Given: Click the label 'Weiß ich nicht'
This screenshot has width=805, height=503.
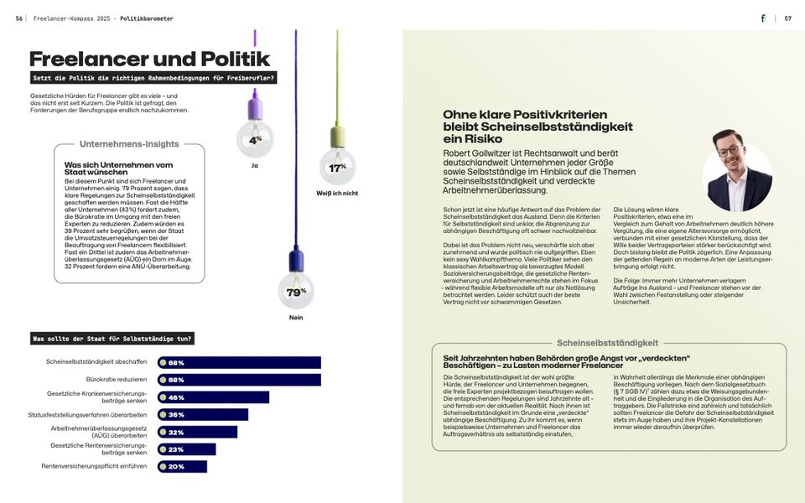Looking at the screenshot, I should pyautogui.click(x=337, y=194).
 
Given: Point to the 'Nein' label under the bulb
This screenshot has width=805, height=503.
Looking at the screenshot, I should pyautogui.click(x=295, y=318).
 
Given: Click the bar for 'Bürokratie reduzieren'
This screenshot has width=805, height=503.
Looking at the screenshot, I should pyautogui.click(x=240, y=380).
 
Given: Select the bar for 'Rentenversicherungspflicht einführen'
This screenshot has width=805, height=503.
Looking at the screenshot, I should pyautogui.click(x=183, y=466).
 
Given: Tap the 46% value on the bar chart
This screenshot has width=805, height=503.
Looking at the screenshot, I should pyautogui.click(x=176, y=397).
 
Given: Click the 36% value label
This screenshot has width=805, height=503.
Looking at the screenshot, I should pyautogui.click(x=176, y=415).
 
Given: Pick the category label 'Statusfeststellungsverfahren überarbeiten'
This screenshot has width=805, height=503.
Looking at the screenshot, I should pyautogui.click(x=87, y=415).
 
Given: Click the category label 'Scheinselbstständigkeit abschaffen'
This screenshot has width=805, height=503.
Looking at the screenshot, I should pyautogui.click(x=96, y=363).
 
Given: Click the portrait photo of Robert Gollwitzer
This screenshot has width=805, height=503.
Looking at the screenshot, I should pyautogui.click(x=736, y=172).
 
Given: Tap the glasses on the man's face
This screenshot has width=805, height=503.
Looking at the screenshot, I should pyautogui.click(x=730, y=152).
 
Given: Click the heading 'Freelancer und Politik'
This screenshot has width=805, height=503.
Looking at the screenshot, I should pyautogui.click(x=149, y=59).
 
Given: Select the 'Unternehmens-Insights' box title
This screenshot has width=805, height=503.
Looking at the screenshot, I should pyautogui.click(x=129, y=144).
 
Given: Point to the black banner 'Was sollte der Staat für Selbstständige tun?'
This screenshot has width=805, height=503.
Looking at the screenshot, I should pyautogui.click(x=112, y=339).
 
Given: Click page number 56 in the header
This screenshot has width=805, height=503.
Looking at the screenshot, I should pyautogui.click(x=18, y=18).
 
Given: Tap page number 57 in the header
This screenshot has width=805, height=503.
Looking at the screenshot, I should pyautogui.click(x=787, y=18).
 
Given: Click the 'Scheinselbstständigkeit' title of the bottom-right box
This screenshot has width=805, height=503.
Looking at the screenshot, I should pyautogui.click(x=608, y=343).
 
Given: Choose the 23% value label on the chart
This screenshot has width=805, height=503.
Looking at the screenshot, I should pyautogui.click(x=176, y=449).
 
